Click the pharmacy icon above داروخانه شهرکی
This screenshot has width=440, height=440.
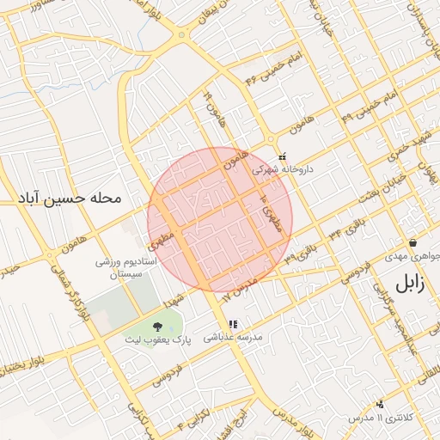(283, 156)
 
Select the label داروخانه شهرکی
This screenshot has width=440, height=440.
(283, 170)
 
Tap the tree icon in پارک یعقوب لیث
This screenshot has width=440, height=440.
(157, 327)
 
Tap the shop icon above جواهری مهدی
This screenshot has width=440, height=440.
(413, 243)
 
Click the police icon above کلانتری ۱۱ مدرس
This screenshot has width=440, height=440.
(380, 403)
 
